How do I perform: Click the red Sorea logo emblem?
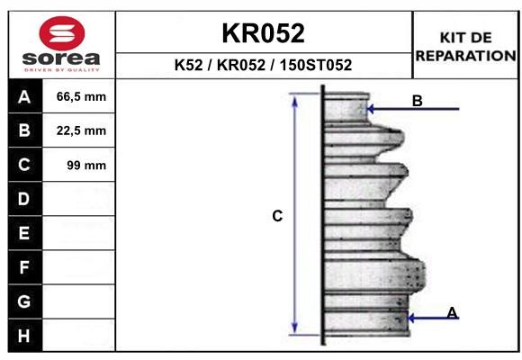pyautogui.click(x=62, y=33)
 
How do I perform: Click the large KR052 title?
pyautogui.click(x=264, y=33)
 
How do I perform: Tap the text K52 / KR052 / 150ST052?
pyautogui.click(x=263, y=65)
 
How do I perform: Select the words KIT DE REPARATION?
pyautogui.click(x=465, y=47)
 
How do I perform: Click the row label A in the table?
pyautogui.click(x=24, y=97)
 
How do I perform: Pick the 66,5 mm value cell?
pyautogui.click(x=81, y=97)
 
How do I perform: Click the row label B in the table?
pyautogui.click(x=24, y=130)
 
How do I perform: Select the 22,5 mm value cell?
pyautogui.click(x=81, y=130)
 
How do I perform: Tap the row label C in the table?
pyautogui.click(x=24, y=165)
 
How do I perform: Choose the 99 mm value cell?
pyautogui.click(x=86, y=166)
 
